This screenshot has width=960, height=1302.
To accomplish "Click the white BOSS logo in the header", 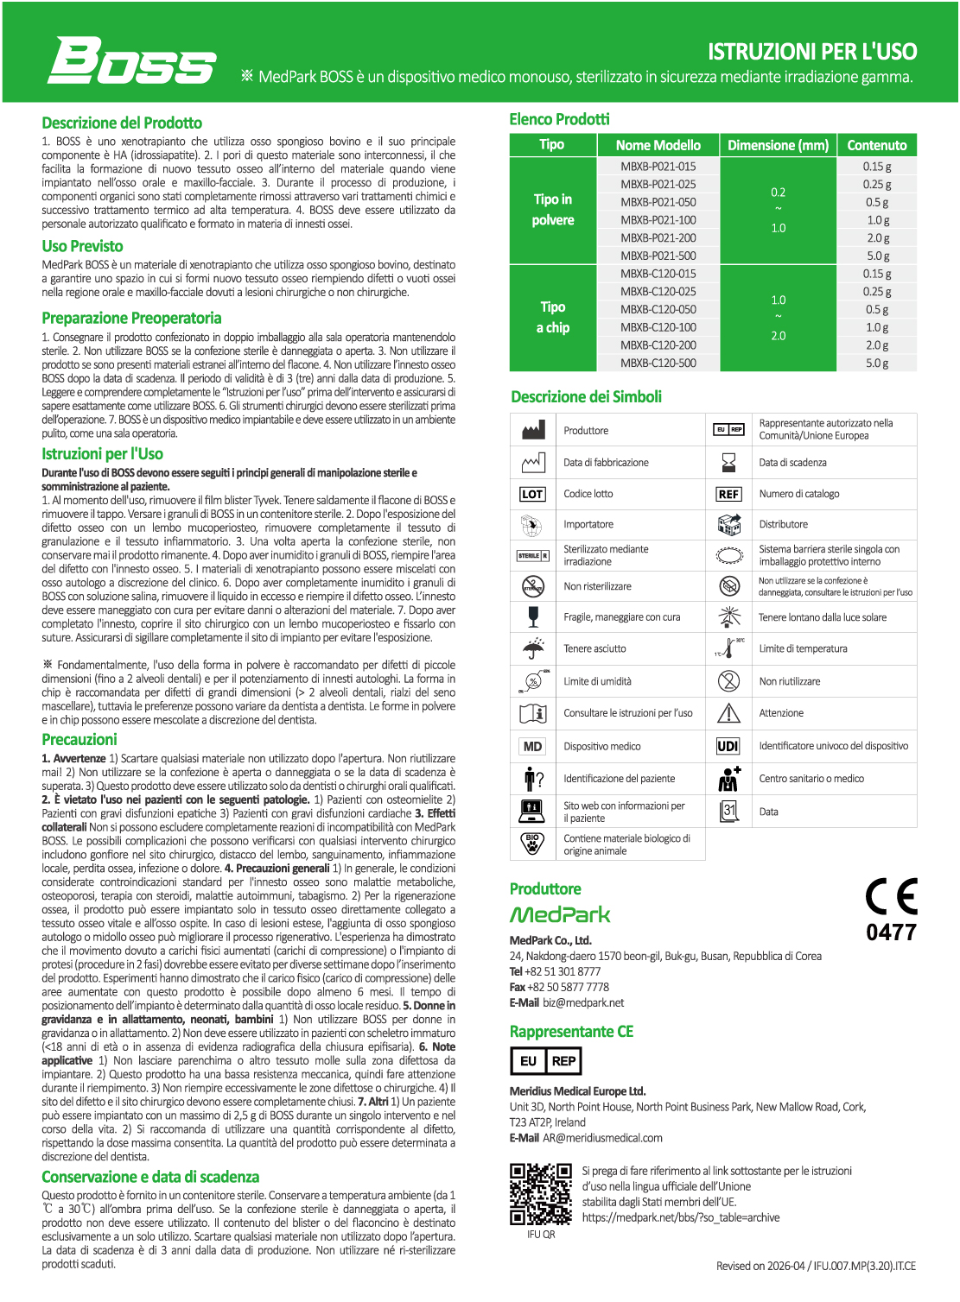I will [131, 60].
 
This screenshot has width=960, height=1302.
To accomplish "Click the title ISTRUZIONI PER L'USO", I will [812, 52].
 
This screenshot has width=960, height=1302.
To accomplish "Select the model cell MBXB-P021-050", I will [658, 202].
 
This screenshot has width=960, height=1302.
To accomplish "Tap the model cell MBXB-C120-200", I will [658, 345].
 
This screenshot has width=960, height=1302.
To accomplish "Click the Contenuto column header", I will [876, 145].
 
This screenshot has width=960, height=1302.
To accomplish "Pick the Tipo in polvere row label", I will [553, 210].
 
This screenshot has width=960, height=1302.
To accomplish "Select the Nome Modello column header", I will [658, 145].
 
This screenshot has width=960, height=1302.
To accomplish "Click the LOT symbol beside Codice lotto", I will [532, 494].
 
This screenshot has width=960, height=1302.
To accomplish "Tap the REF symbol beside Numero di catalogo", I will [728, 494].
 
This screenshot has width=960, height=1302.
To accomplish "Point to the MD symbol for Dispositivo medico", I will [532, 747].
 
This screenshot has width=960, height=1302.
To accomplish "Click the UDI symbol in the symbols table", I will [728, 746].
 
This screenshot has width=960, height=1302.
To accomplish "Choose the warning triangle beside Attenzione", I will [729, 713].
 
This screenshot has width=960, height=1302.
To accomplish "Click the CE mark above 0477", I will [892, 897].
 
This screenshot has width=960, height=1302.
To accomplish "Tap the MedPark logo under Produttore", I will [560, 914].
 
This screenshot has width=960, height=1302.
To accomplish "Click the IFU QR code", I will [541, 1194].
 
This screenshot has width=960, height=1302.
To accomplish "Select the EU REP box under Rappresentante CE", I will [545, 1061].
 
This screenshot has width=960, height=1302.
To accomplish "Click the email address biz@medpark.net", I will [583, 1002].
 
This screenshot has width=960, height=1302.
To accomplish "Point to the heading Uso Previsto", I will [82, 246].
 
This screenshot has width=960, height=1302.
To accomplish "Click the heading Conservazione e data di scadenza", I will [150, 1177].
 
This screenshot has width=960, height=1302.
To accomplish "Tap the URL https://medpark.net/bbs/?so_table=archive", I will [681, 1217].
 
